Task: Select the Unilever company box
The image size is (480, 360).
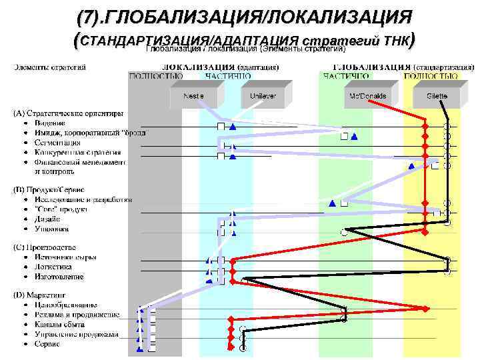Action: [262, 97]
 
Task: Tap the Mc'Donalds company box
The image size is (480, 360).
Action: [368, 97]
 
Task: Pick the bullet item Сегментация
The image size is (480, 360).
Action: [59, 142]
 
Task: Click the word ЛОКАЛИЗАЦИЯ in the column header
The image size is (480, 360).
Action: [199, 67]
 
